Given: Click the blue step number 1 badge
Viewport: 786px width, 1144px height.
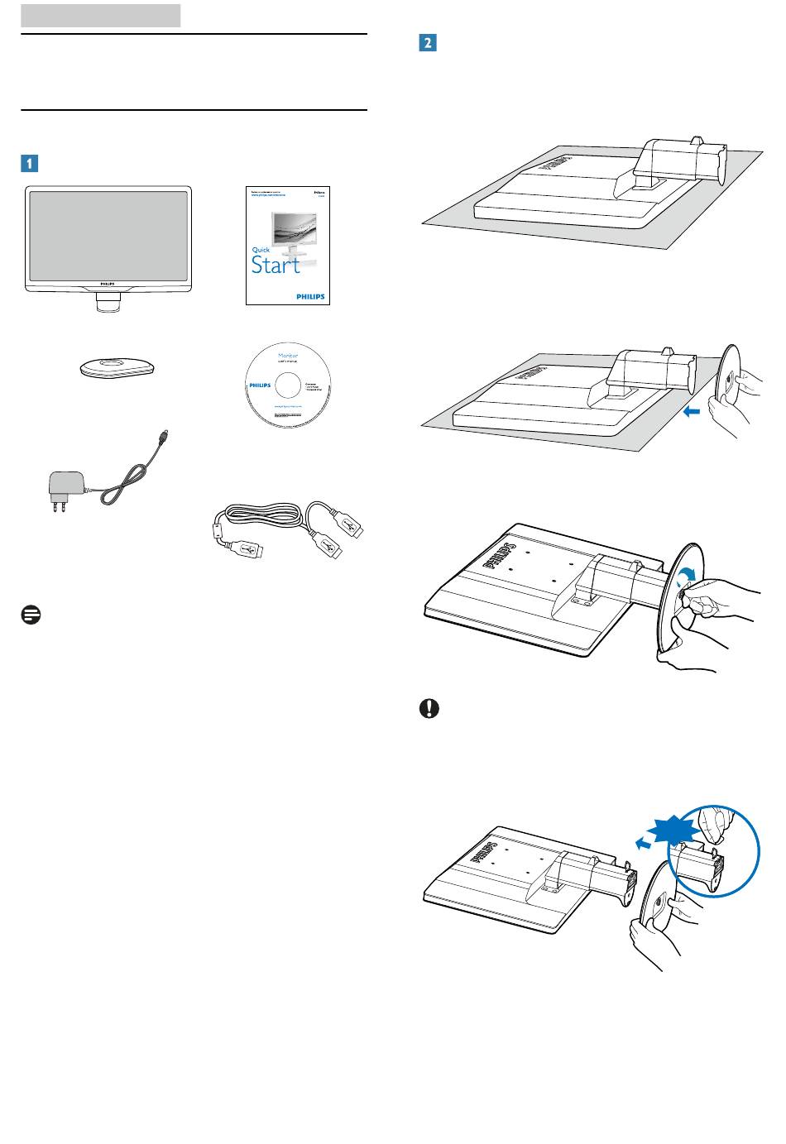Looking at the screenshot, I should (x=29, y=163).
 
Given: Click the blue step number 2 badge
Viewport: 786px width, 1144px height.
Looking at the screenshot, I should (x=427, y=43).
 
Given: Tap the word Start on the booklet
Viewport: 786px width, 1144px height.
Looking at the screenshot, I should (x=276, y=265).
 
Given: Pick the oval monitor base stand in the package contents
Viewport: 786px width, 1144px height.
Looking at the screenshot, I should (x=117, y=368).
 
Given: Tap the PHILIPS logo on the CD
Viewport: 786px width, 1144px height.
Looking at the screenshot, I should (x=260, y=385).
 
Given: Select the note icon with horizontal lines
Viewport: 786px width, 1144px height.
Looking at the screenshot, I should (x=31, y=615).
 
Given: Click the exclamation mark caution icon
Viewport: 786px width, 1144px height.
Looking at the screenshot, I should (x=429, y=710).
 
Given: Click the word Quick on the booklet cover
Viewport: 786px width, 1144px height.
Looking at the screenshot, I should (x=260, y=250).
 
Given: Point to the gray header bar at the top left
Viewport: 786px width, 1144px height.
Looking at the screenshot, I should (x=100, y=15).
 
